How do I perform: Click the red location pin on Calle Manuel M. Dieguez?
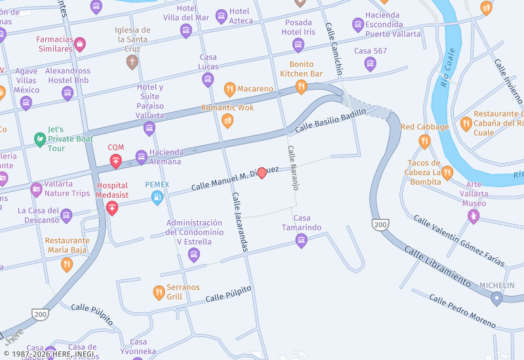coord(262,173)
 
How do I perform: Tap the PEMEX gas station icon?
coord(157,197)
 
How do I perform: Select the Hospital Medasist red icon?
coord(112,208)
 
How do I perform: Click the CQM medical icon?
coord(116,160)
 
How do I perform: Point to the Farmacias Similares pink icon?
coord(80,45)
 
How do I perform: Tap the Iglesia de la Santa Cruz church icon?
coord(132,62)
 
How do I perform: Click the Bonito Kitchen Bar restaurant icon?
coord(301,86)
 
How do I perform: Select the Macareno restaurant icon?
coord(229,89)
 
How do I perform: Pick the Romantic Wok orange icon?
coord(227,120)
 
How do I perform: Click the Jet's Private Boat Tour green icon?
coord(40,139)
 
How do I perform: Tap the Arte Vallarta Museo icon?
coord(474,216)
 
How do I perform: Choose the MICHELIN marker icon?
coord(496,298)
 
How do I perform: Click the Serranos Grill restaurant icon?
coord(159,293)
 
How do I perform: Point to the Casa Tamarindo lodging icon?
coord(301,241)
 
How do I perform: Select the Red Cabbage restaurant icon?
coord(424,141)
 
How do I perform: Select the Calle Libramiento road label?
coord(437,267)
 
